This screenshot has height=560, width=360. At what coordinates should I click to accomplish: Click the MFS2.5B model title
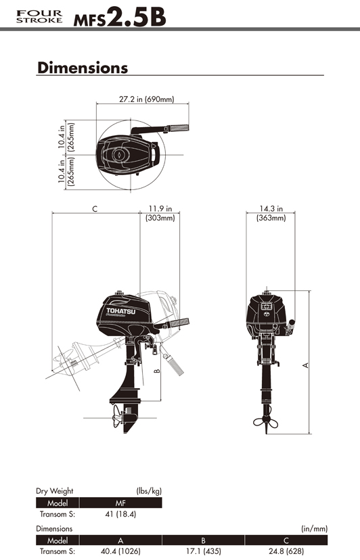pyautogui.click(x=120, y=17)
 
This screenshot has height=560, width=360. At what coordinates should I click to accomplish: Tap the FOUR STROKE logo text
pyautogui.click(x=39, y=17)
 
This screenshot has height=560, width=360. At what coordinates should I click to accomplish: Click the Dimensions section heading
pyautogui.click(x=83, y=68)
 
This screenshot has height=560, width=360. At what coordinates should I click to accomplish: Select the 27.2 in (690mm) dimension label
pyautogui.click(x=147, y=99)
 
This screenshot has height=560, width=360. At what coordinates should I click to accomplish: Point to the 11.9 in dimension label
pyautogui.click(x=160, y=208)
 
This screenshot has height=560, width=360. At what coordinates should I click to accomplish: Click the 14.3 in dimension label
pyautogui.click(x=271, y=208)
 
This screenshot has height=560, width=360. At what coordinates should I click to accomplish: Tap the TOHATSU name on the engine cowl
pyautogui.click(x=121, y=311)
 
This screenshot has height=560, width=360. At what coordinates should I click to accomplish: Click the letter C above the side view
pyautogui.click(x=95, y=209)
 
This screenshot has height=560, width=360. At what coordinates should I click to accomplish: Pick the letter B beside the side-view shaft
pyautogui.click(x=157, y=371)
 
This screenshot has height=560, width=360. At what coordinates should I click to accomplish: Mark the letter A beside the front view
pyautogui.click(x=305, y=365)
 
